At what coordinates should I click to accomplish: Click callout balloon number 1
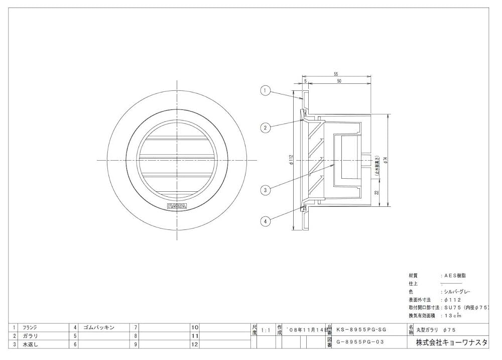(x=266, y=91)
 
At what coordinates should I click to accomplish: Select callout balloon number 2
(x=266, y=128)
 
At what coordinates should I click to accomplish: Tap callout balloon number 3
(x=266, y=190)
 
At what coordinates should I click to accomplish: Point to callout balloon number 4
(x=266, y=219)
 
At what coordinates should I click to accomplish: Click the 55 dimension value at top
(x=335, y=74)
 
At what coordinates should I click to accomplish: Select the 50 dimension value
(x=340, y=81)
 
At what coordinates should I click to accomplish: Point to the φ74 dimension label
(x=386, y=160)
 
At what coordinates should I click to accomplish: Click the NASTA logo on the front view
(x=176, y=206)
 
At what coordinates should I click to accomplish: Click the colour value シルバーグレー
(x=456, y=292)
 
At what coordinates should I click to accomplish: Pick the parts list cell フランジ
(x=30, y=327)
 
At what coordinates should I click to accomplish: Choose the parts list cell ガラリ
(x=30, y=336)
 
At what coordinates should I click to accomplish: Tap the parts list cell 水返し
(x=30, y=344)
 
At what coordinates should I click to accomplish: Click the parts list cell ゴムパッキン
(x=99, y=327)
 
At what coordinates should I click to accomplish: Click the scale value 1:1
(x=266, y=331)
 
